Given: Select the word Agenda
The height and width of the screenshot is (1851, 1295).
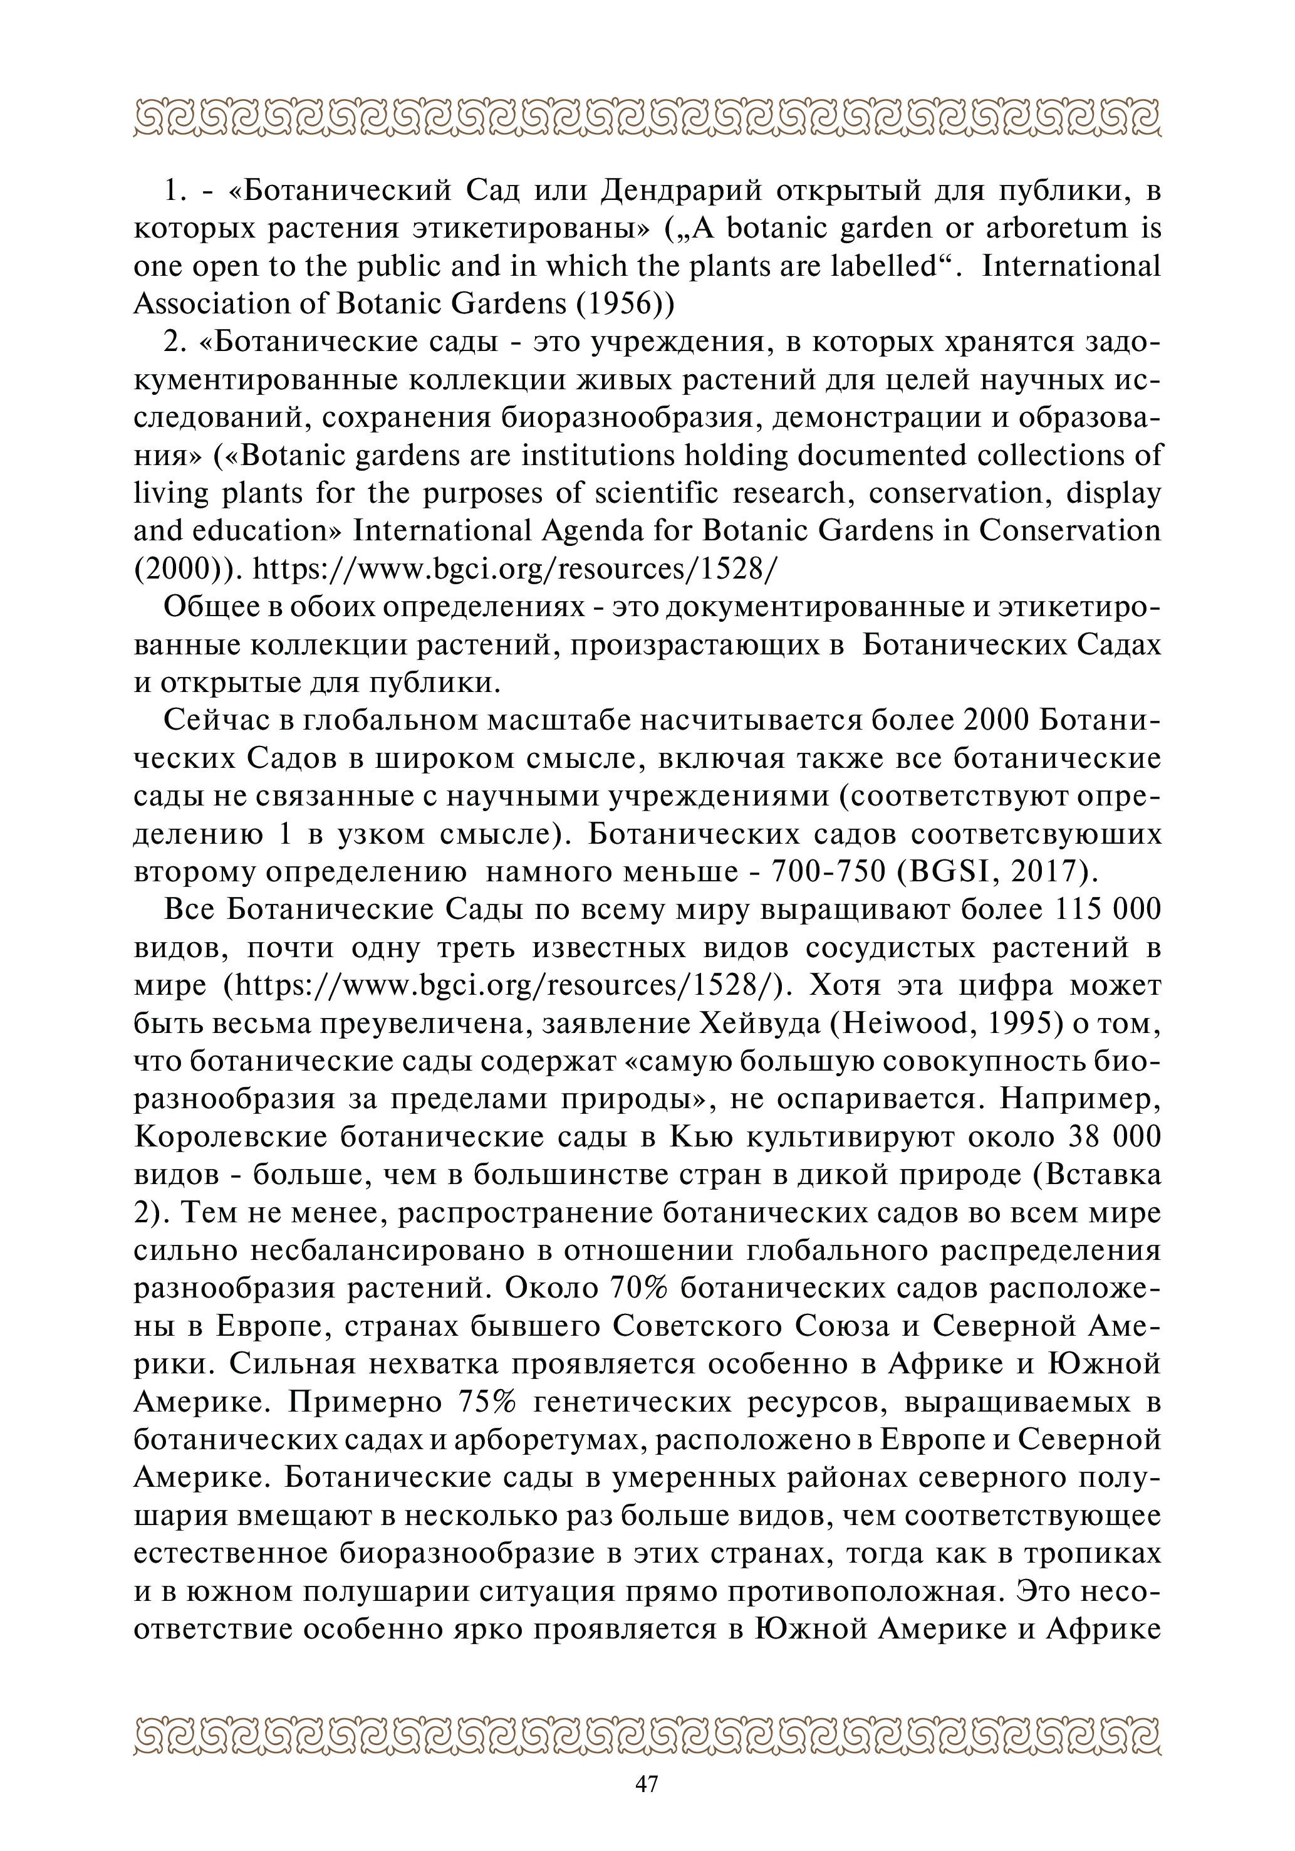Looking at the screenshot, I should point(602,530).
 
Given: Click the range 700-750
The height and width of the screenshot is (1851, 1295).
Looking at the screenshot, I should point(820,871).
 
